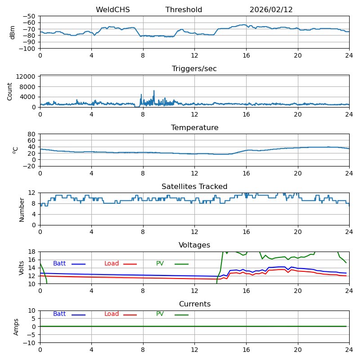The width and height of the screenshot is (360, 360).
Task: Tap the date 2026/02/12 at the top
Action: [271, 10]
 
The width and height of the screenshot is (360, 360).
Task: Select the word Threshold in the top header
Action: [184, 10]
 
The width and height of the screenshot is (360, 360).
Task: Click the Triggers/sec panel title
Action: [194, 69]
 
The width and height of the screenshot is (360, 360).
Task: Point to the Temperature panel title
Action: [194, 128]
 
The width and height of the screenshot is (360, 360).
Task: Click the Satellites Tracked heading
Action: [194, 187]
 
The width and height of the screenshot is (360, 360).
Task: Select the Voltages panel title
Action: [194, 245]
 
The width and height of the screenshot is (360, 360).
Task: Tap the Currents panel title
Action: [194, 304]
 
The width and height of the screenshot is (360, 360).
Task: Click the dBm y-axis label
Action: [13, 32]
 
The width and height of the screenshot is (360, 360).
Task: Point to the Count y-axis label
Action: [10, 91]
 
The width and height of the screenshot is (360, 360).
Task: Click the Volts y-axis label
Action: [22, 268]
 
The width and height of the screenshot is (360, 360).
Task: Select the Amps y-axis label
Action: [16, 327]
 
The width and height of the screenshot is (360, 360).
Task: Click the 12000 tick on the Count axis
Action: [27, 77]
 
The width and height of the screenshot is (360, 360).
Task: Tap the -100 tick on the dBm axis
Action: [27, 49]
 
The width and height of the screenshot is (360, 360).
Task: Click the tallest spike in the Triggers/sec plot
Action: [153, 91]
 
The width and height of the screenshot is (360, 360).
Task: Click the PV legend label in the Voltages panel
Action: [160, 264]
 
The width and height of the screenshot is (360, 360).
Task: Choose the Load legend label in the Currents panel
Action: [112, 314]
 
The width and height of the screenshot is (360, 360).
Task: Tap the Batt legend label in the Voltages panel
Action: [59, 264]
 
